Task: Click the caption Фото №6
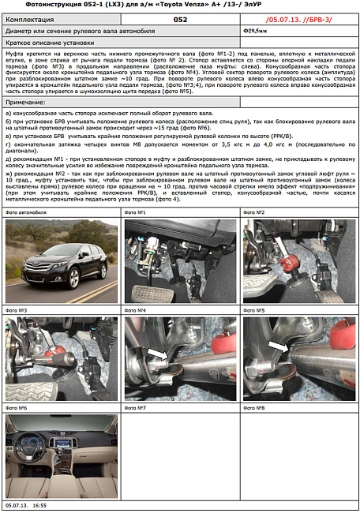point(17,408)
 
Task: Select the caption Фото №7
point(137,408)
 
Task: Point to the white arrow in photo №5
point(276,345)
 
